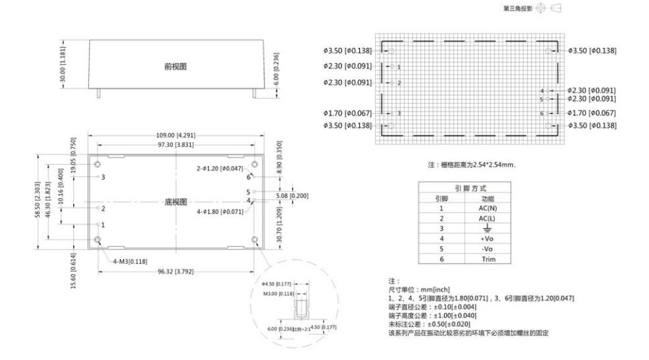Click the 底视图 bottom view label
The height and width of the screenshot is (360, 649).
177,202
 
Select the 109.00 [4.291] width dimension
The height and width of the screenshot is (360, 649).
176,135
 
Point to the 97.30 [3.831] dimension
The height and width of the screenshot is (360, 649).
176,146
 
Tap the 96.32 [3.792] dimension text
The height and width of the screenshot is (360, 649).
176,271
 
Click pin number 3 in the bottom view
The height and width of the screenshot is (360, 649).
103,177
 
